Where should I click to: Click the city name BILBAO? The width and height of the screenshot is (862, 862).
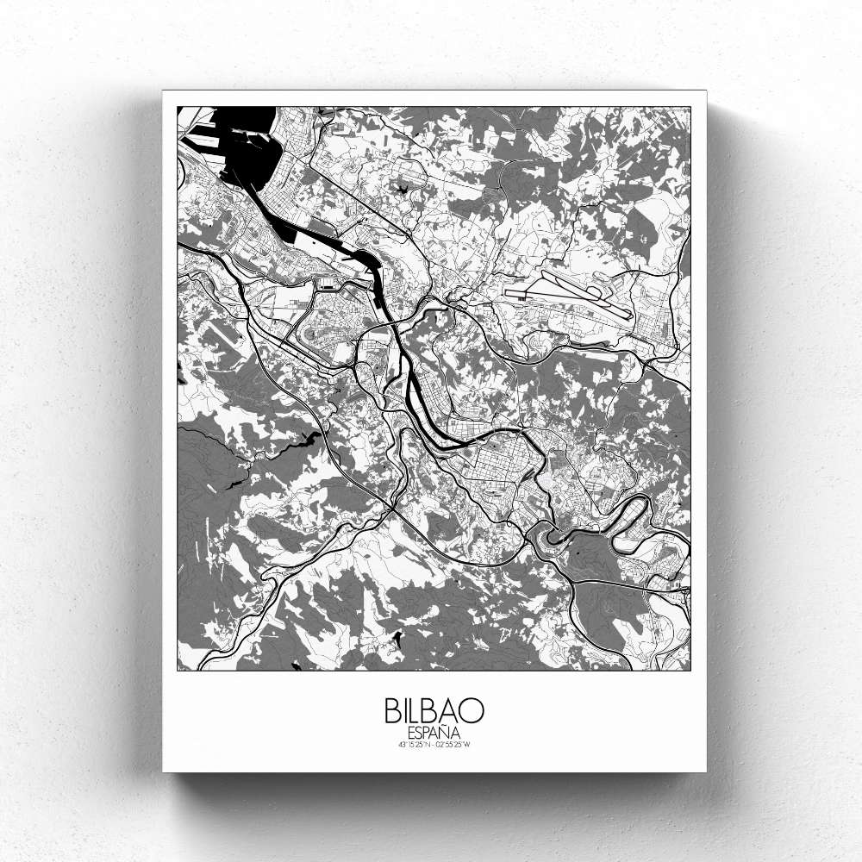click(x=434, y=710)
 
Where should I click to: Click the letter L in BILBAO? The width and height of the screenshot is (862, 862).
click(x=417, y=710)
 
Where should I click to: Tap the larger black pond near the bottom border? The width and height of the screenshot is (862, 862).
click(x=397, y=638)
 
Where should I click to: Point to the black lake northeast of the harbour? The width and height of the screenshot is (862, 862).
click(x=402, y=184)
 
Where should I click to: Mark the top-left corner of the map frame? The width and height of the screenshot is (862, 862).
click(x=178, y=107)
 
